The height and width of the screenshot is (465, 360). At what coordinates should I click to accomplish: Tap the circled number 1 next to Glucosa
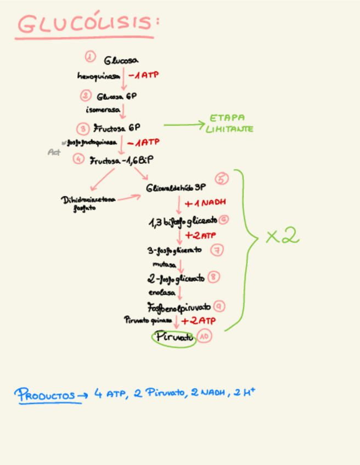pos(91,56)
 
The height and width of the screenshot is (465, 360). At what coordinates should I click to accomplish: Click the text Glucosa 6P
pos(117,97)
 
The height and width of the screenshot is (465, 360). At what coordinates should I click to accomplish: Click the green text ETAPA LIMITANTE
pos(229,124)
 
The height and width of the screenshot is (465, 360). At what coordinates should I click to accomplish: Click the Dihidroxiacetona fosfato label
pos(88,204)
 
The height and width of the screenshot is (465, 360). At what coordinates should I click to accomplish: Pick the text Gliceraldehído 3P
pos(176,188)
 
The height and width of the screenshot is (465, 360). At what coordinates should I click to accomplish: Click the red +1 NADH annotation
pos(206,203)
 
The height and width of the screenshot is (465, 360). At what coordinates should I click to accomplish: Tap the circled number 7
pos(217,250)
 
